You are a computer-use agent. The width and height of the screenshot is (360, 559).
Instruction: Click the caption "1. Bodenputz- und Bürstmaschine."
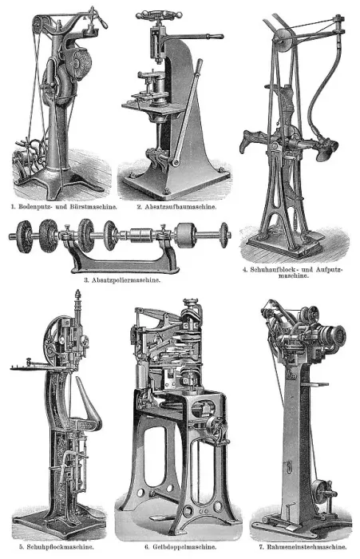point(64,206)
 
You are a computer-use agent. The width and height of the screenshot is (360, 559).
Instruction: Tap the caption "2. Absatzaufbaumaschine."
point(176,206)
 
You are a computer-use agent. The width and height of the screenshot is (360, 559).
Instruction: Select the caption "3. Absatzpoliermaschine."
point(122,279)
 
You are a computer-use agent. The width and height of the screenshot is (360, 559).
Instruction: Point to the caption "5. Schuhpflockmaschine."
point(57,546)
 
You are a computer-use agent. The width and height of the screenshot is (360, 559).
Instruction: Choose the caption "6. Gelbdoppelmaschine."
point(180,546)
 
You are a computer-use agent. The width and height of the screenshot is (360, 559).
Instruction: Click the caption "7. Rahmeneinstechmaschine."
point(303,546)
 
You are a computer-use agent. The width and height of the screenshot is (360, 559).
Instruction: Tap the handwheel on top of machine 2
point(157,15)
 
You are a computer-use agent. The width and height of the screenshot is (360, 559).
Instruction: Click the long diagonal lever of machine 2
point(187,113)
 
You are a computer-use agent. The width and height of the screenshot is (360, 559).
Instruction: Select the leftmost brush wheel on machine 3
point(25,236)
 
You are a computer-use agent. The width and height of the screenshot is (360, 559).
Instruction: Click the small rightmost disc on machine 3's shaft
point(224,235)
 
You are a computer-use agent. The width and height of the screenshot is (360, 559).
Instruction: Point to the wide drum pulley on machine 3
point(185,236)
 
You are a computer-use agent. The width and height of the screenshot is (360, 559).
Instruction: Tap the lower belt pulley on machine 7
point(320,492)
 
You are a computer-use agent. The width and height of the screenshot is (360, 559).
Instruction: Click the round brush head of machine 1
point(81,60)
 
